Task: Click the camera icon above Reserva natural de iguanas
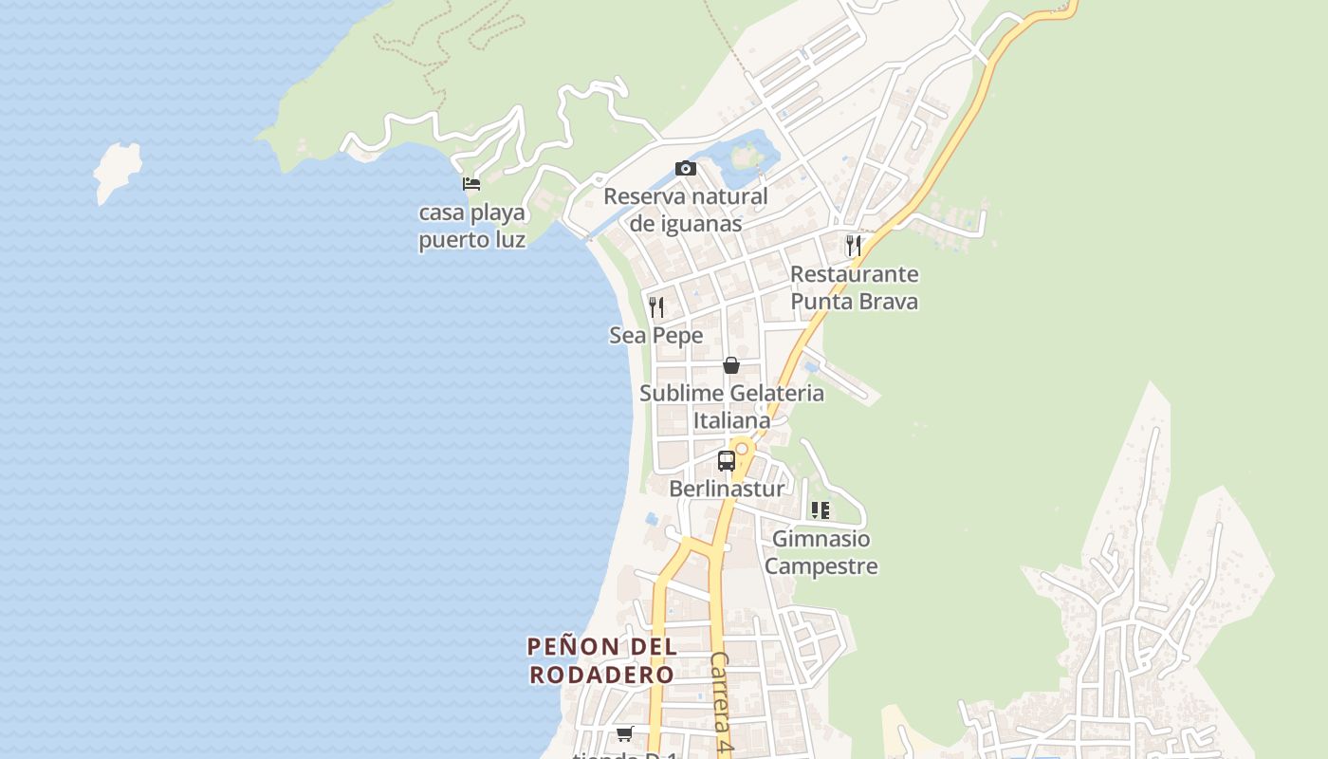pos(686,169)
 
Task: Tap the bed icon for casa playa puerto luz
pos(471,183)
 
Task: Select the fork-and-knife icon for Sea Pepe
pos(655,306)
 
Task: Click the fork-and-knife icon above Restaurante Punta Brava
pos(854,245)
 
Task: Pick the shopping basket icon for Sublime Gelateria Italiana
pos(731,365)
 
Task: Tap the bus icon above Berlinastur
pos(727,461)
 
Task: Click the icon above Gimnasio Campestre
pos(821,510)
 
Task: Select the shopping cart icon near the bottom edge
pos(624,733)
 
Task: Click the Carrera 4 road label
pos(722,702)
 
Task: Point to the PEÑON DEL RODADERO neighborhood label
pos(601,661)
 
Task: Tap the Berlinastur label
pos(727,489)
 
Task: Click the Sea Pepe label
pos(655,335)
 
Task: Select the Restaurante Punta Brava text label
pos(854,287)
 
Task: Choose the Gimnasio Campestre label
pos(821,552)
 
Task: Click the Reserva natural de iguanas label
pos(686,210)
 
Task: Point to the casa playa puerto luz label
pos(471,226)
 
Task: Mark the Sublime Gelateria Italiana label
pos(731,406)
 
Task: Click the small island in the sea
pos(117,171)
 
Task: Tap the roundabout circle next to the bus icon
pos(743,447)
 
